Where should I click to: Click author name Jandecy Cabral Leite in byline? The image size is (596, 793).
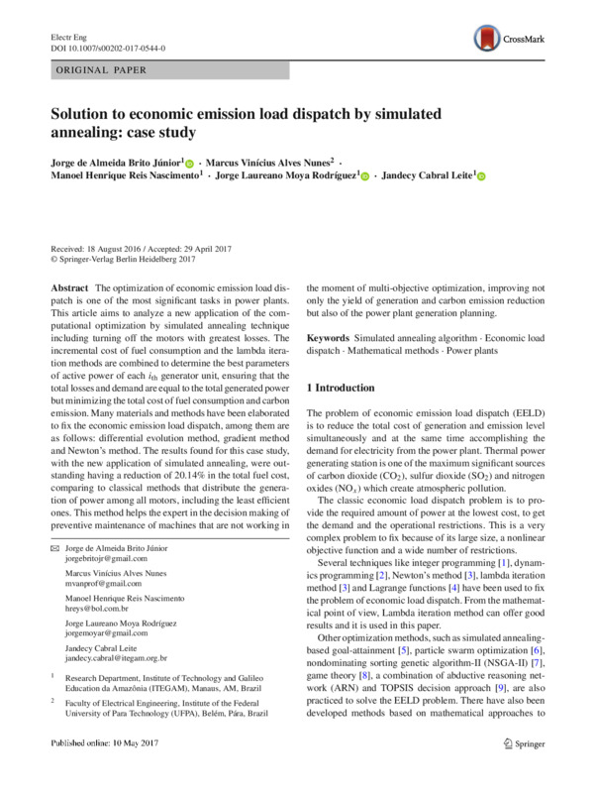point(428,174)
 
